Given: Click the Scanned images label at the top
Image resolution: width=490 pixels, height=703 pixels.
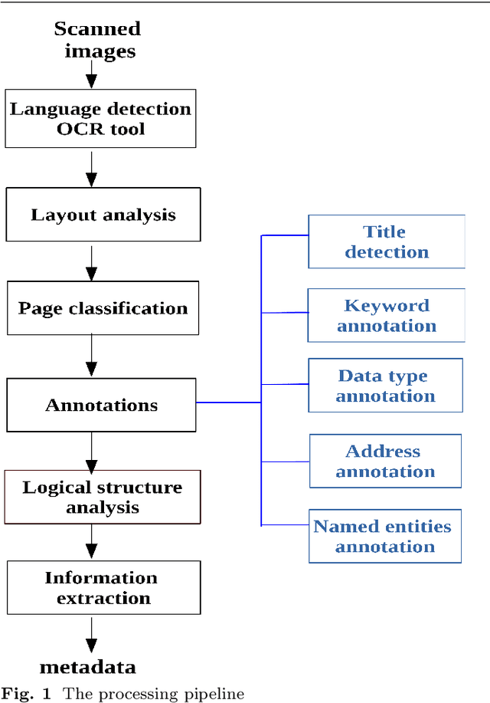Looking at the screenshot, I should coord(97,40).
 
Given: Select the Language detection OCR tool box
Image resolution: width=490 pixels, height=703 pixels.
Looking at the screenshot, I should coord(101,119).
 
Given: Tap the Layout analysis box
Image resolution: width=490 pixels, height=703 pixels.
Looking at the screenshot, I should coord(103,215).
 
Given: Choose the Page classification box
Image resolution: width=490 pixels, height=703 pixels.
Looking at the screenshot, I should coord(103,308).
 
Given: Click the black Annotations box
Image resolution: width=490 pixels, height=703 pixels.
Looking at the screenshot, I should coord(101,405).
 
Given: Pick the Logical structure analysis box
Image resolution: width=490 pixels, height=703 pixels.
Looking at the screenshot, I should coord(102,497).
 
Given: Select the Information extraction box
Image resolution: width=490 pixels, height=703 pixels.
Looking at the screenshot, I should coord(103,587).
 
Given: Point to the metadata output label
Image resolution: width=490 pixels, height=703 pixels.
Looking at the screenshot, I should coord(88,666).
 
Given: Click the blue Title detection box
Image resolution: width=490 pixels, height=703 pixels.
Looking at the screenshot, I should coord(386,241).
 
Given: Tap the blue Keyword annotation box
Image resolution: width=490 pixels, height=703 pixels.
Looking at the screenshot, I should coord(386,315).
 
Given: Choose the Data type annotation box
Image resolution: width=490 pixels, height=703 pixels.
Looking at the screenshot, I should coord(385,386).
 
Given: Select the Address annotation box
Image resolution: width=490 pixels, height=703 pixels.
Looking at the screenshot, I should coord(385,461).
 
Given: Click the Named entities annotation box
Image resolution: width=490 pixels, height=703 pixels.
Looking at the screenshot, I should coord(384,536).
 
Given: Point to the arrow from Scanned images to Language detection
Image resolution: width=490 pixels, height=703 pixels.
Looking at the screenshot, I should coord(92,74).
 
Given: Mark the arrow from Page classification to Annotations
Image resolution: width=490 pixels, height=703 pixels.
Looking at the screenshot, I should coord(92,354).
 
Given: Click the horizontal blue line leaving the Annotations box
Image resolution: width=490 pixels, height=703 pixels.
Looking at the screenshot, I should coord(229,402).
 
